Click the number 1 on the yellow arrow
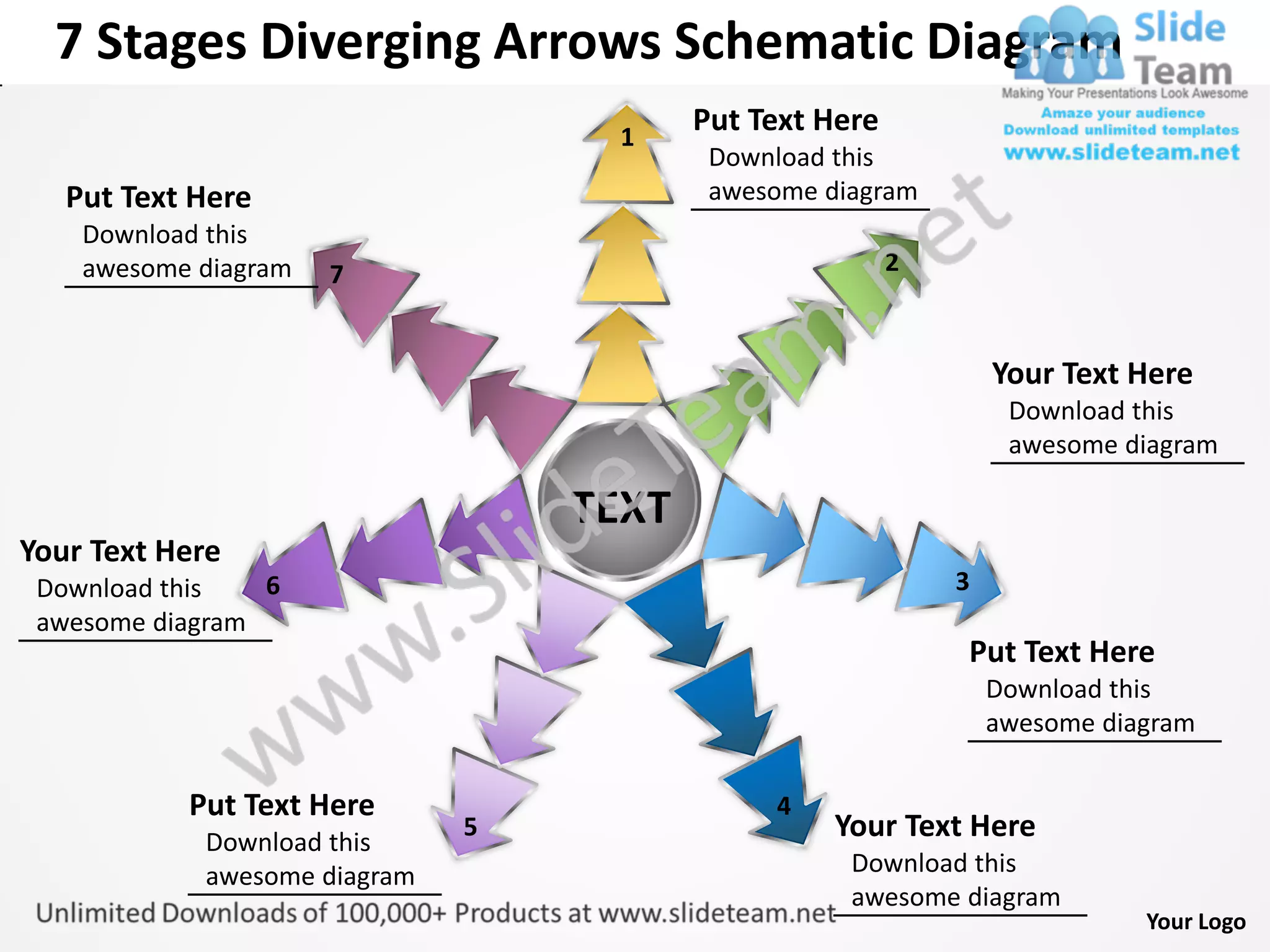point(628,137)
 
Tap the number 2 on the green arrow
point(892,263)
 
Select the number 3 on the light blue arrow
point(962,581)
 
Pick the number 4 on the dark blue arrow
point(784,806)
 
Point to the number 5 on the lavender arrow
point(471,827)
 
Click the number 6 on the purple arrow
point(273,586)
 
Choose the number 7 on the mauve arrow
point(337,274)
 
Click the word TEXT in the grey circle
point(622,508)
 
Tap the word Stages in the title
point(172,42)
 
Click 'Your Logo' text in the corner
point(1196,922)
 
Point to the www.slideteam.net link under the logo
point(1121,152)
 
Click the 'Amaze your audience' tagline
point(1122,113)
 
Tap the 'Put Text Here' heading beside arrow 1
point(785,120)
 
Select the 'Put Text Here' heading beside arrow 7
point(158,198)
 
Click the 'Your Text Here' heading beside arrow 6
point(120,551)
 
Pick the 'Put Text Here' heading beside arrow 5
point(282,805)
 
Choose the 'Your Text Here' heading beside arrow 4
point(935,826)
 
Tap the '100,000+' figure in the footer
point(390,913)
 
